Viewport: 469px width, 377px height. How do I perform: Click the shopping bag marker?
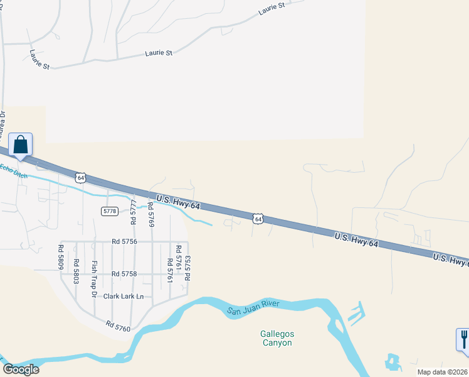[x=20, y=145]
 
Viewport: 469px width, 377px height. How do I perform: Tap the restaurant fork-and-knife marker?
[x=463, y=339]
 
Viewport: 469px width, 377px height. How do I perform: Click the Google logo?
[x=21, y=369]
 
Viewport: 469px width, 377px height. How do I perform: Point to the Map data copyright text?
[x=443, y=372]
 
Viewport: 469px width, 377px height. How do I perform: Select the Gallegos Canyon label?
[x=277, y=338]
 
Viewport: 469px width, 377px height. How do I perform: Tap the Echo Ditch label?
[x=13, y=170]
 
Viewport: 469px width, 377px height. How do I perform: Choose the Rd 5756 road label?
[x=124, y=241]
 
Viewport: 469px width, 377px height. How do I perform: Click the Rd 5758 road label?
[x=124, y=274]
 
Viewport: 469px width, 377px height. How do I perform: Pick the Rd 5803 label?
[x=76, y=271]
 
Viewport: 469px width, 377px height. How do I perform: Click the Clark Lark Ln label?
[x=124, y=296]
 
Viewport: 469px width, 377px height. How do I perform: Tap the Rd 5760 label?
[x=117, y=327]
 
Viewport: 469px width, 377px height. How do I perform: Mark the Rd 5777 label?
[x=133, y=212]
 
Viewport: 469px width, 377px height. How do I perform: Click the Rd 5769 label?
[x=150, y=214]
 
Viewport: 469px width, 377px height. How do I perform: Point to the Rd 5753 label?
[x=187, y=268]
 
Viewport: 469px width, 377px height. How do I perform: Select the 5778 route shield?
[x=109, y=211]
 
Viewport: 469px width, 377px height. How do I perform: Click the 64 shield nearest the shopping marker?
[x=80, y=178]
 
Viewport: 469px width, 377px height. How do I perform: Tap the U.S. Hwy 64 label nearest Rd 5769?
[x=178, y=202]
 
